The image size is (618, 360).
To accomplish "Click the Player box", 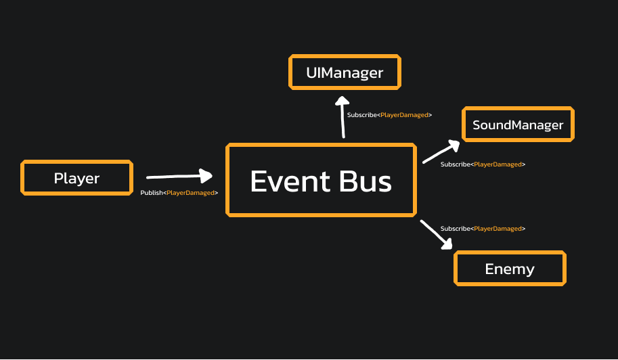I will [76, 179].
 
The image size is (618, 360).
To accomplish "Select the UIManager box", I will [345, 72].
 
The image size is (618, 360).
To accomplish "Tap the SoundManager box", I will [518, 125].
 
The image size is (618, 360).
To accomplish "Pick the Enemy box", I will [510, 269].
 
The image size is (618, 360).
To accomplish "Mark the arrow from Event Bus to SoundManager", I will [441, 152].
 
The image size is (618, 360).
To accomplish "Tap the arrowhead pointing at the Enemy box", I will [446, 244].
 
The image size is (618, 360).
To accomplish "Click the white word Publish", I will [151, 193].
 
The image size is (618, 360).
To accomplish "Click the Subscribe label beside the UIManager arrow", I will [389, 115].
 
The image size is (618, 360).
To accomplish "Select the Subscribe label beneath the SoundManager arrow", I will [483, 164].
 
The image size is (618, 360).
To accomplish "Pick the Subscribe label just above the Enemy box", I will [483, 229].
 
